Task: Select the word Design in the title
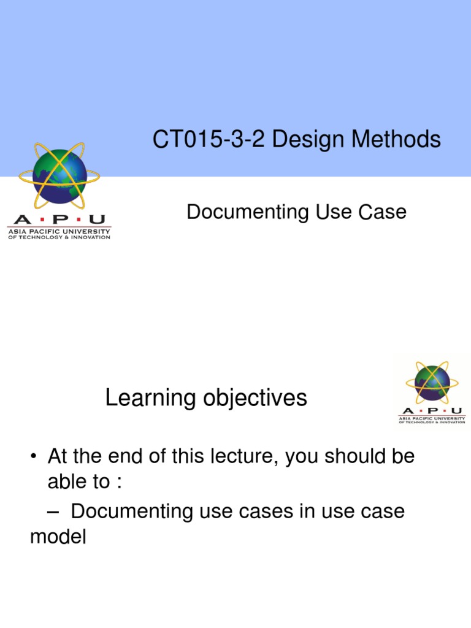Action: tap(310, 140)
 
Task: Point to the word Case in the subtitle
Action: tap(383, 212)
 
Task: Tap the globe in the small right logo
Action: tap(432, 383)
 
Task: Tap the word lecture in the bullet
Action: tap(243, 457)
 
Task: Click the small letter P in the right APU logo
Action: tap(432, 411)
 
